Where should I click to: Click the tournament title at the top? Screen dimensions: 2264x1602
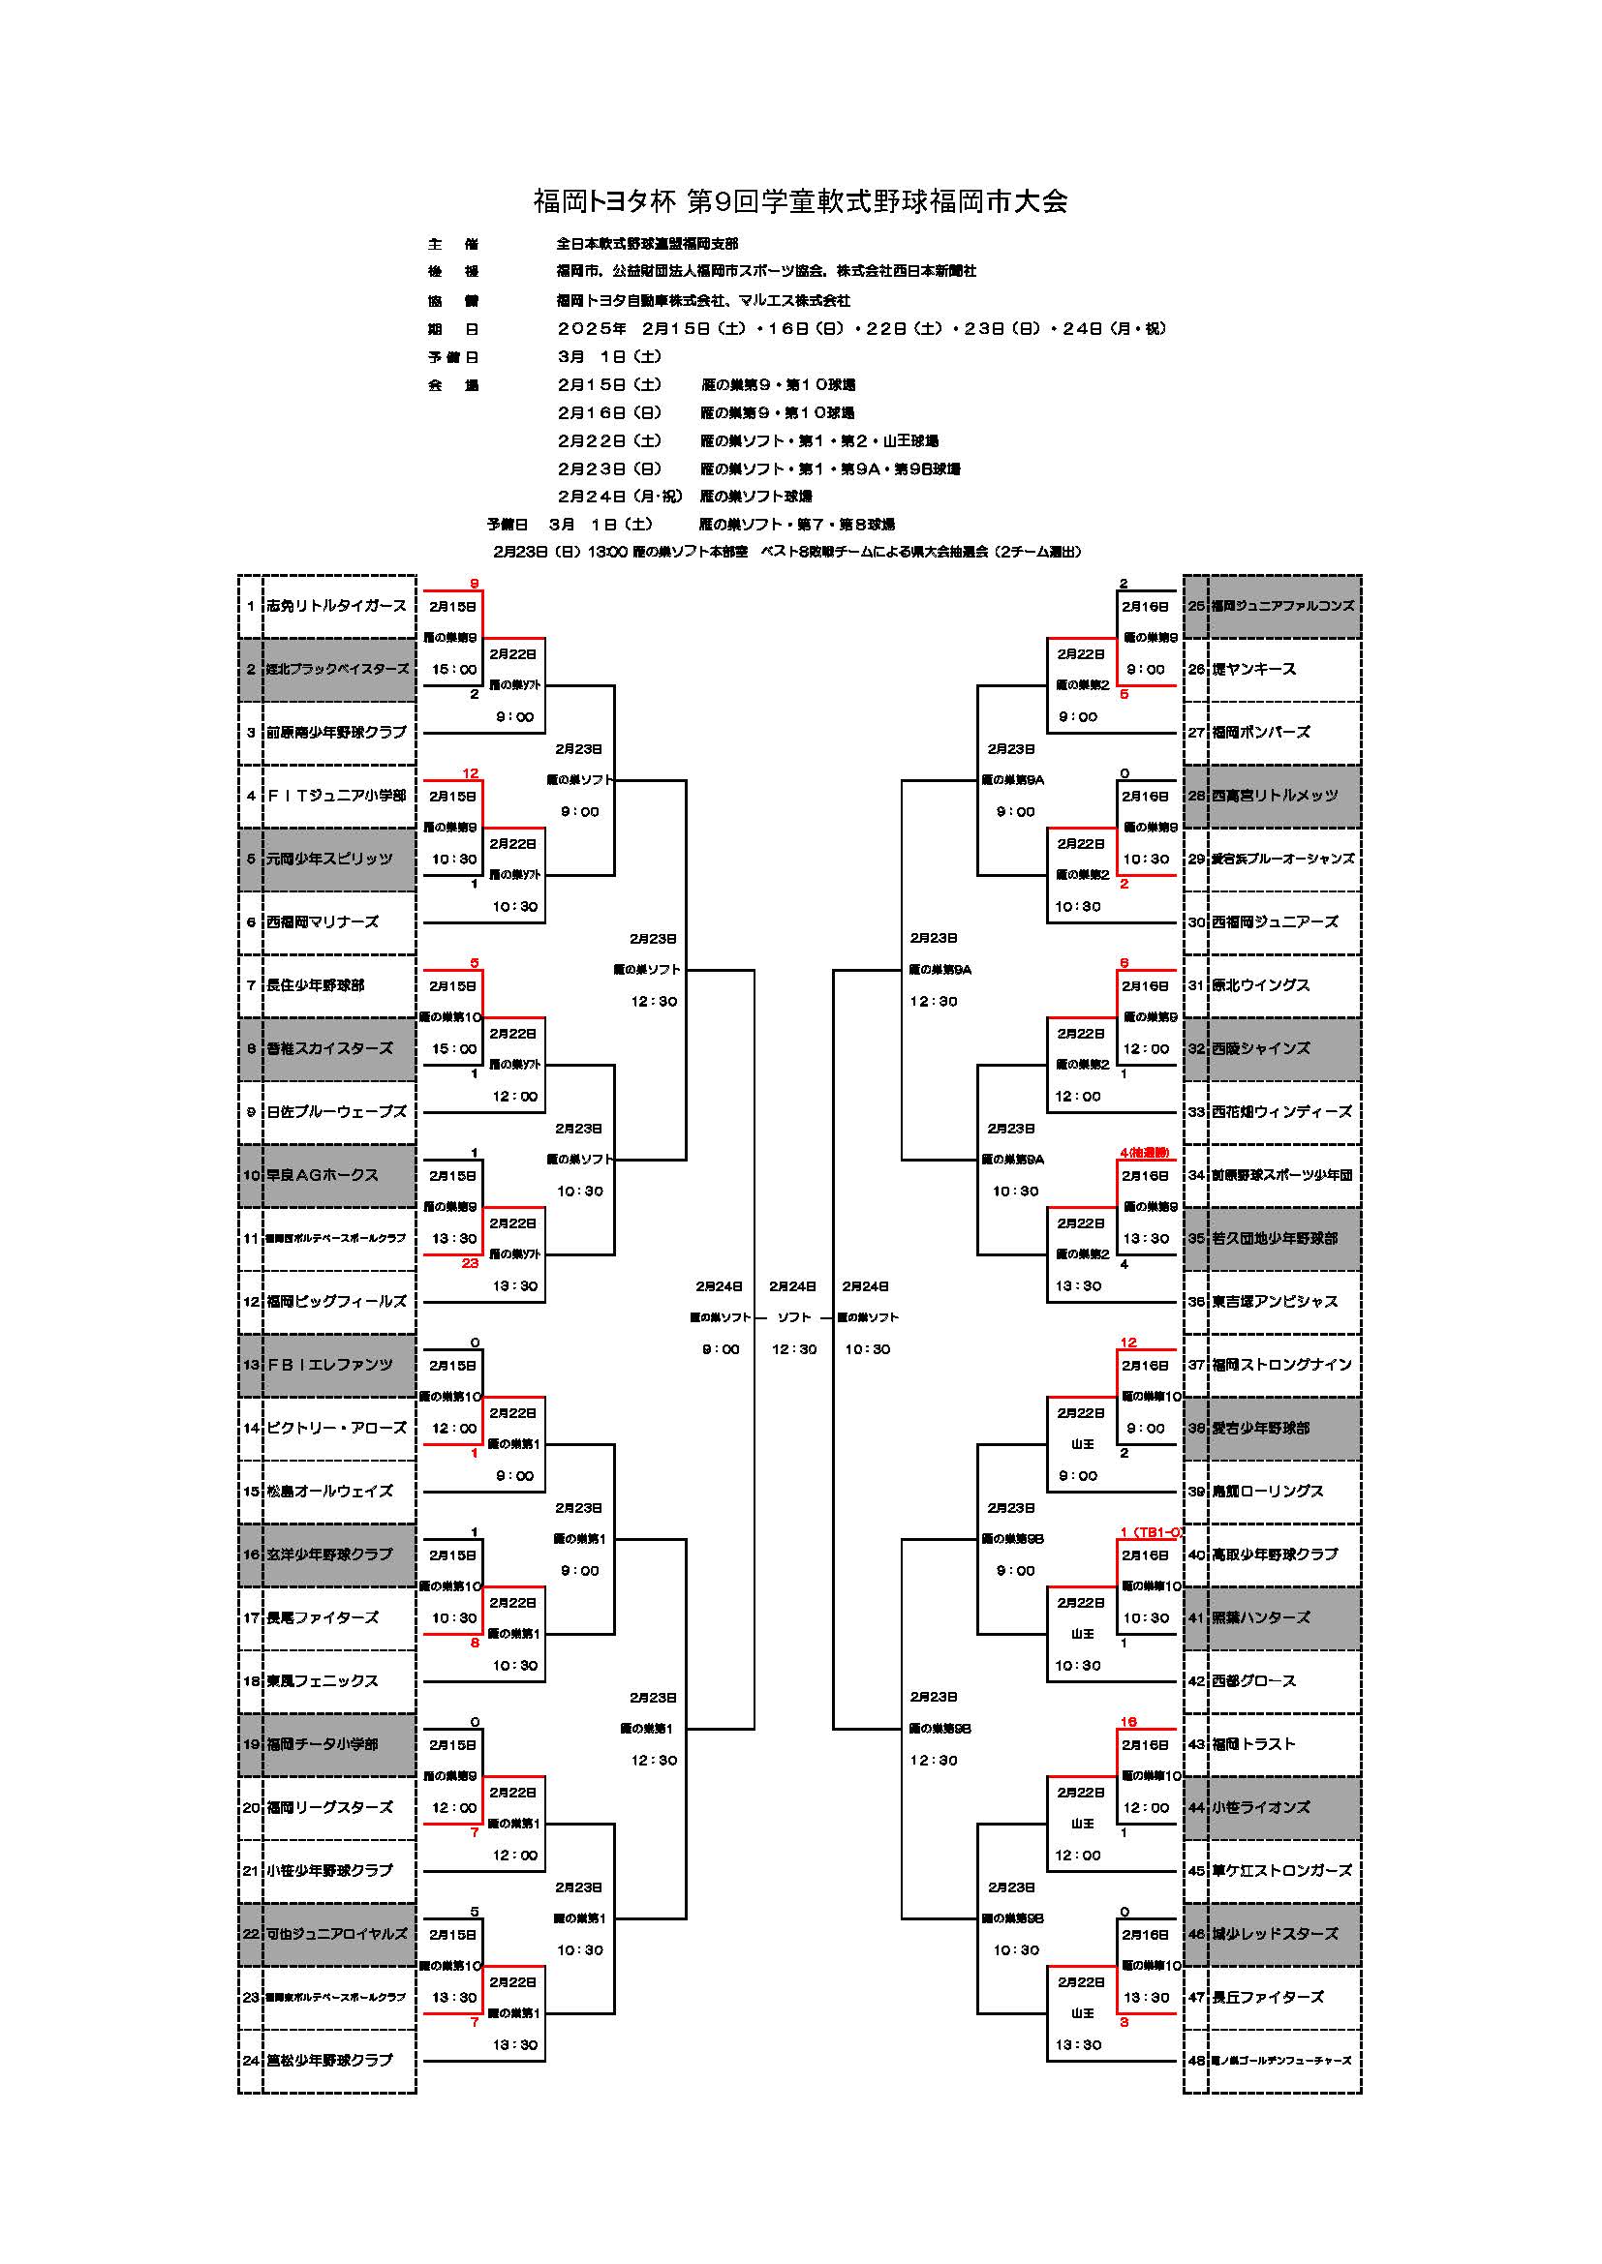(800, 202)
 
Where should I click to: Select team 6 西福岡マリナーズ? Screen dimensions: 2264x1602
(323, 922)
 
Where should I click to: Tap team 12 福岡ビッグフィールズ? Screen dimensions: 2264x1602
(336, 1302)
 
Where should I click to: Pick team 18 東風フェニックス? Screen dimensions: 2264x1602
(323, 1681)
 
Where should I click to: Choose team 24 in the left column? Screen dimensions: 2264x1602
(329, 2060)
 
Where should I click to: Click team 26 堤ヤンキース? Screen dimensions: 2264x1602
(1253, 670)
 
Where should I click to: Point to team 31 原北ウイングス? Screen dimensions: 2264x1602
(1261, 985)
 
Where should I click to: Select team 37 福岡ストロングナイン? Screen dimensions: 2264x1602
(1281, 1365)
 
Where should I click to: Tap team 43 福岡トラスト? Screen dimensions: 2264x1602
(1253, 1744)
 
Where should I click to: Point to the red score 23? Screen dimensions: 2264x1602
(470, 1263)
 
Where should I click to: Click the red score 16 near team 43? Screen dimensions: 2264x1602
(1128, 1723)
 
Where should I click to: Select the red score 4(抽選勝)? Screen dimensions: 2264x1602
(1144, 1153)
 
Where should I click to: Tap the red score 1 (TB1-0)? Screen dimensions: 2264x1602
(1151, 1532)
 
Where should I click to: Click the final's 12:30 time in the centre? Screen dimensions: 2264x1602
(794, 1349)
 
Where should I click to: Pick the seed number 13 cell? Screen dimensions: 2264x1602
(251, 1365)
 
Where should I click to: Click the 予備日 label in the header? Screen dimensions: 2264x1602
(452, 357)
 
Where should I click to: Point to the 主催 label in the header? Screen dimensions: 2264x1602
(452, 244)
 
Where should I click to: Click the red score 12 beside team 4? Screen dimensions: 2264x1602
(471, 774)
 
